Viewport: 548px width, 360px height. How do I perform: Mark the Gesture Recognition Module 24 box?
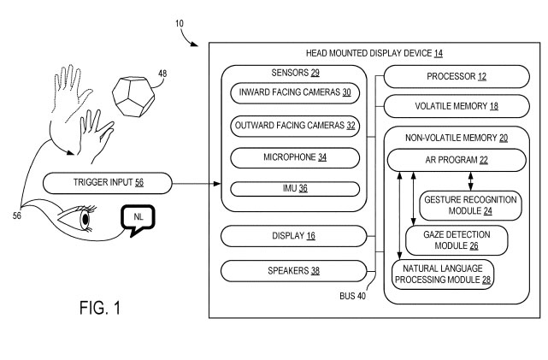470,204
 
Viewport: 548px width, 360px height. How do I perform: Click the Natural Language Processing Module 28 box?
443,274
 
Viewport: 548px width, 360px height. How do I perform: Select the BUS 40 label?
353,297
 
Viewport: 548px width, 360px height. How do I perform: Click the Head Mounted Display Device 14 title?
374,53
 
